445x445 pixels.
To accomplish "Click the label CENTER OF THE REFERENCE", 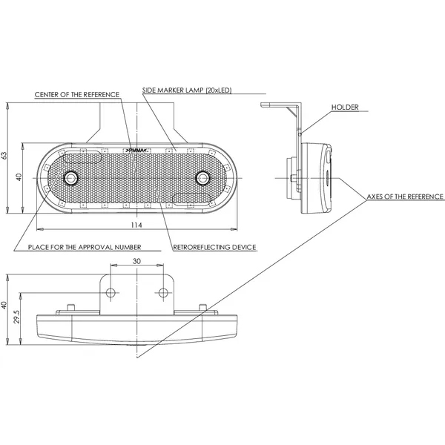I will (x=77, y=95).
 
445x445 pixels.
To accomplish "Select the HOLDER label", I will (x=345, y=108).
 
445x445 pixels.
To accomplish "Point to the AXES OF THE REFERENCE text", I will (x=405, y=197).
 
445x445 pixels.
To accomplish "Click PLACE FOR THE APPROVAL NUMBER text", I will (x=85, y=246).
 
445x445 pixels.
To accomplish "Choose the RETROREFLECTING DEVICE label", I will (x=214, y=246).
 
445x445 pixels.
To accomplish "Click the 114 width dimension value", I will (x=136, y=225).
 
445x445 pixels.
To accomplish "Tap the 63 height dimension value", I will (x=5, y=155).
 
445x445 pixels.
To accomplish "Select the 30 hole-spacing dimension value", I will (x=136, y=262).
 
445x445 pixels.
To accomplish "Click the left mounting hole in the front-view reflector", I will (x=71, y=178).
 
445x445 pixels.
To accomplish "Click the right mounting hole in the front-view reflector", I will (x=202, y=178).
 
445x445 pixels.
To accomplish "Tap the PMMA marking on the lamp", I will (x=136, y=149).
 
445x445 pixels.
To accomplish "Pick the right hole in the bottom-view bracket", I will (x=161, y=291).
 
